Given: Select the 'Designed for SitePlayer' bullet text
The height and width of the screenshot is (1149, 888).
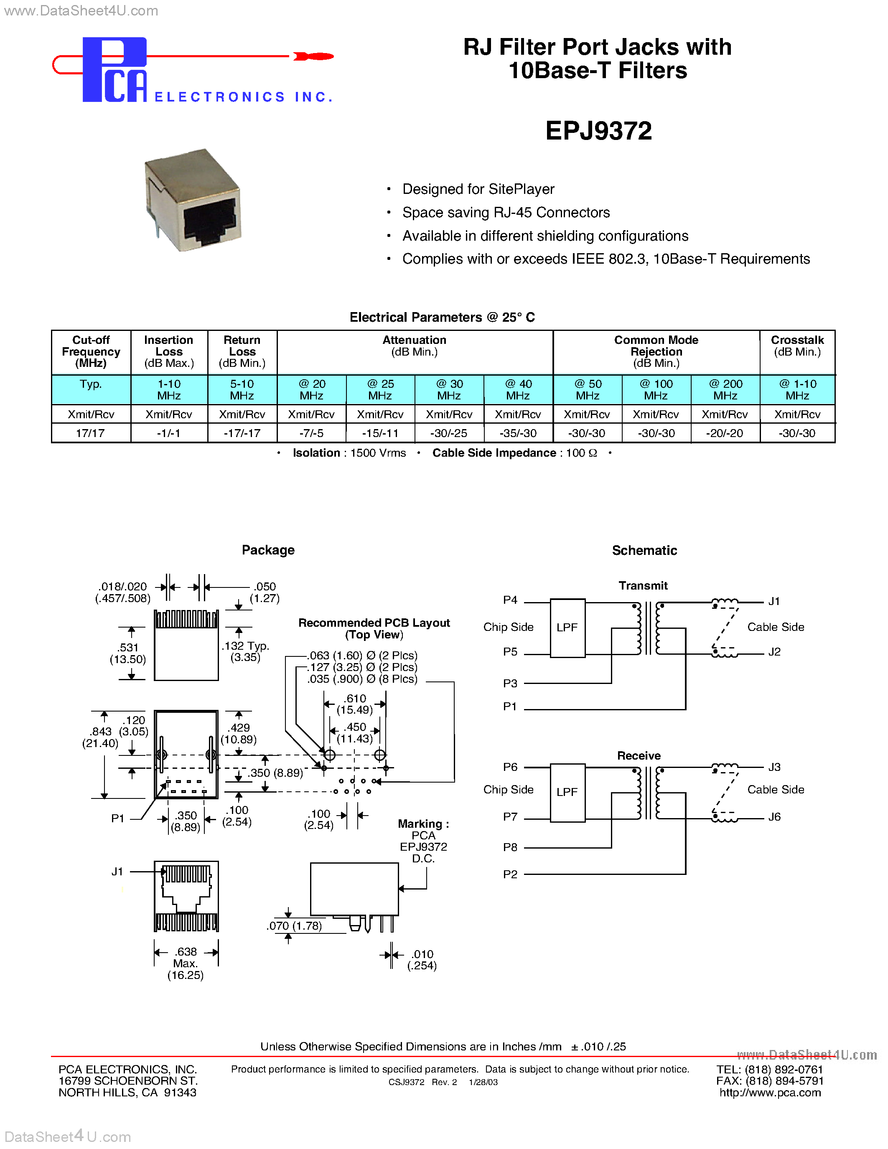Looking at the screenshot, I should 478,189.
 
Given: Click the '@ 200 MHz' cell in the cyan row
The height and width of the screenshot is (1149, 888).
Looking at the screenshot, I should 725,389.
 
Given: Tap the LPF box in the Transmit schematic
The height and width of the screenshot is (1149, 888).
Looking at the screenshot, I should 567,627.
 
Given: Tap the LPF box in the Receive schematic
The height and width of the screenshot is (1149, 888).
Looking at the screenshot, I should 567,792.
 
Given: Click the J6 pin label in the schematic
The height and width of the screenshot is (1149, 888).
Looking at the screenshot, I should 774,816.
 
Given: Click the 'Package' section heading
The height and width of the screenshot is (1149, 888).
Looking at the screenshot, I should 268,550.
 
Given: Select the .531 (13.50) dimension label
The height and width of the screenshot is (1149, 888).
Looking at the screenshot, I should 128,653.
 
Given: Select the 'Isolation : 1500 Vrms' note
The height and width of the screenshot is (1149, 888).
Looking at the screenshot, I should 349,453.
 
